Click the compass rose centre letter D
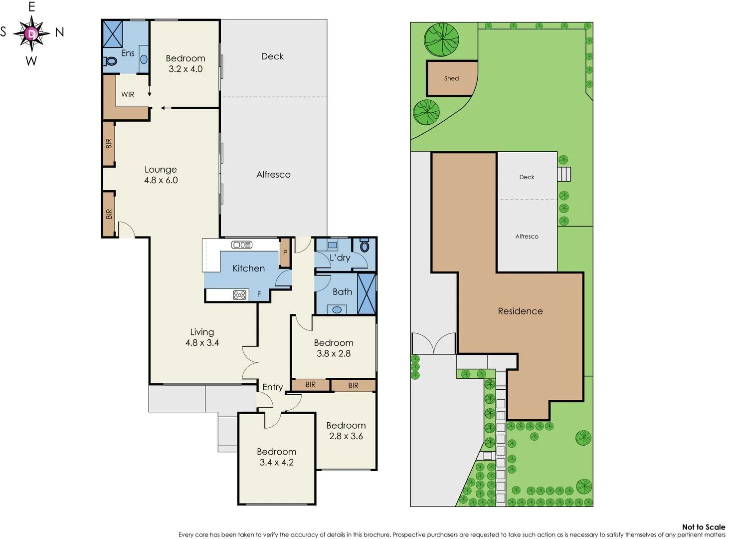[x=32, y=33]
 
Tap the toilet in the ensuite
[x=111, y=61]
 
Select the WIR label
[x=128, y=94]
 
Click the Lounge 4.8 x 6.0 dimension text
[x=161, y=180]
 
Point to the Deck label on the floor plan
[x=272, y=56]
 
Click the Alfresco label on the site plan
[x=527, y=237]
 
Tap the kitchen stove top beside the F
[x=239, y=294]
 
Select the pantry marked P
[x=285, y=253]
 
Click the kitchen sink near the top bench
[x=242, y=245]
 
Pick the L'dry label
[x=340, y=258]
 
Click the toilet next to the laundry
[x=364, y=247]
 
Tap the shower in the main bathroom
[x=366, y=293]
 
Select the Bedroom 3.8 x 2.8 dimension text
[x=333, y=353]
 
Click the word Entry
[x=272, y=387]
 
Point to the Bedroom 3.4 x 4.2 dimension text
[x=276, y=462]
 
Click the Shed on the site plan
[x=451, y=78]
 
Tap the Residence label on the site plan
[x=520, y=311]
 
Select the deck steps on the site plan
[x=564, y=174]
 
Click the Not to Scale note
[x=703, y=527]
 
